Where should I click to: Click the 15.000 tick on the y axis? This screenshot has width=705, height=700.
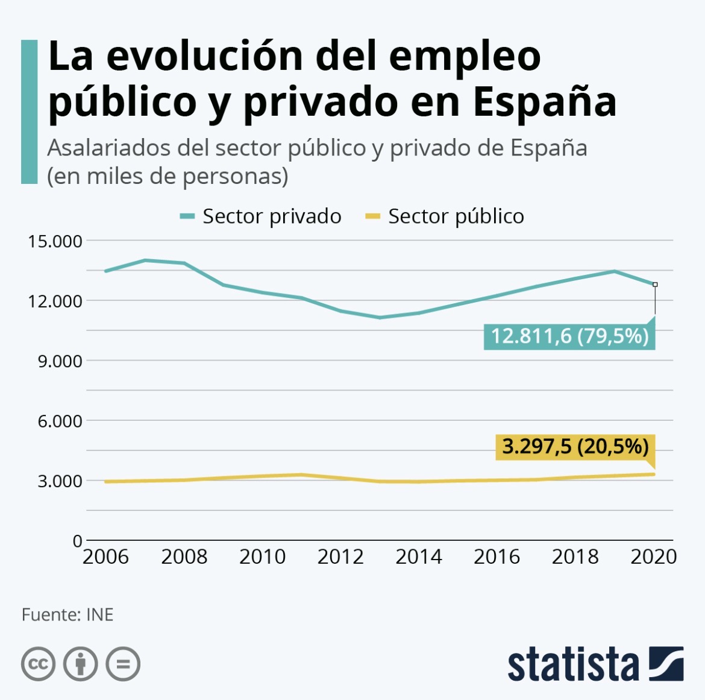(55, 241)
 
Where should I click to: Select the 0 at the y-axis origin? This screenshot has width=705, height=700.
(77, 541)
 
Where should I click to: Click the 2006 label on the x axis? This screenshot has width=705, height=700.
(105, 557)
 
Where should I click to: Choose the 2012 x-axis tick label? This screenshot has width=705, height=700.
(340, 557)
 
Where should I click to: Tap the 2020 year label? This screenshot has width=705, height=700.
(653, 557)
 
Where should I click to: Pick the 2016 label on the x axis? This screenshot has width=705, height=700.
(497, 557)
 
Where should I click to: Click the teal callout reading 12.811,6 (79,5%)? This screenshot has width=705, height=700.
(569, 336)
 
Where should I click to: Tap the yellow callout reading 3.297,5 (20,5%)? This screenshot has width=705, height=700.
(575, 447)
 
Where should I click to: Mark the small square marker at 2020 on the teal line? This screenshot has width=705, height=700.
(655, 284)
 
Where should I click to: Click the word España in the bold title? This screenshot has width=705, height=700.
(544, 102)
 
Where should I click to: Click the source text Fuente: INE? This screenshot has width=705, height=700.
(67, 614)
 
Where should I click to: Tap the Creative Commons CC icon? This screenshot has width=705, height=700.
(39, 664)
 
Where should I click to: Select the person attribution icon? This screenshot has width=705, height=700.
(81, 664)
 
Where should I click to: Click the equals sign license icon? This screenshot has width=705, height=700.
(123, 664)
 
